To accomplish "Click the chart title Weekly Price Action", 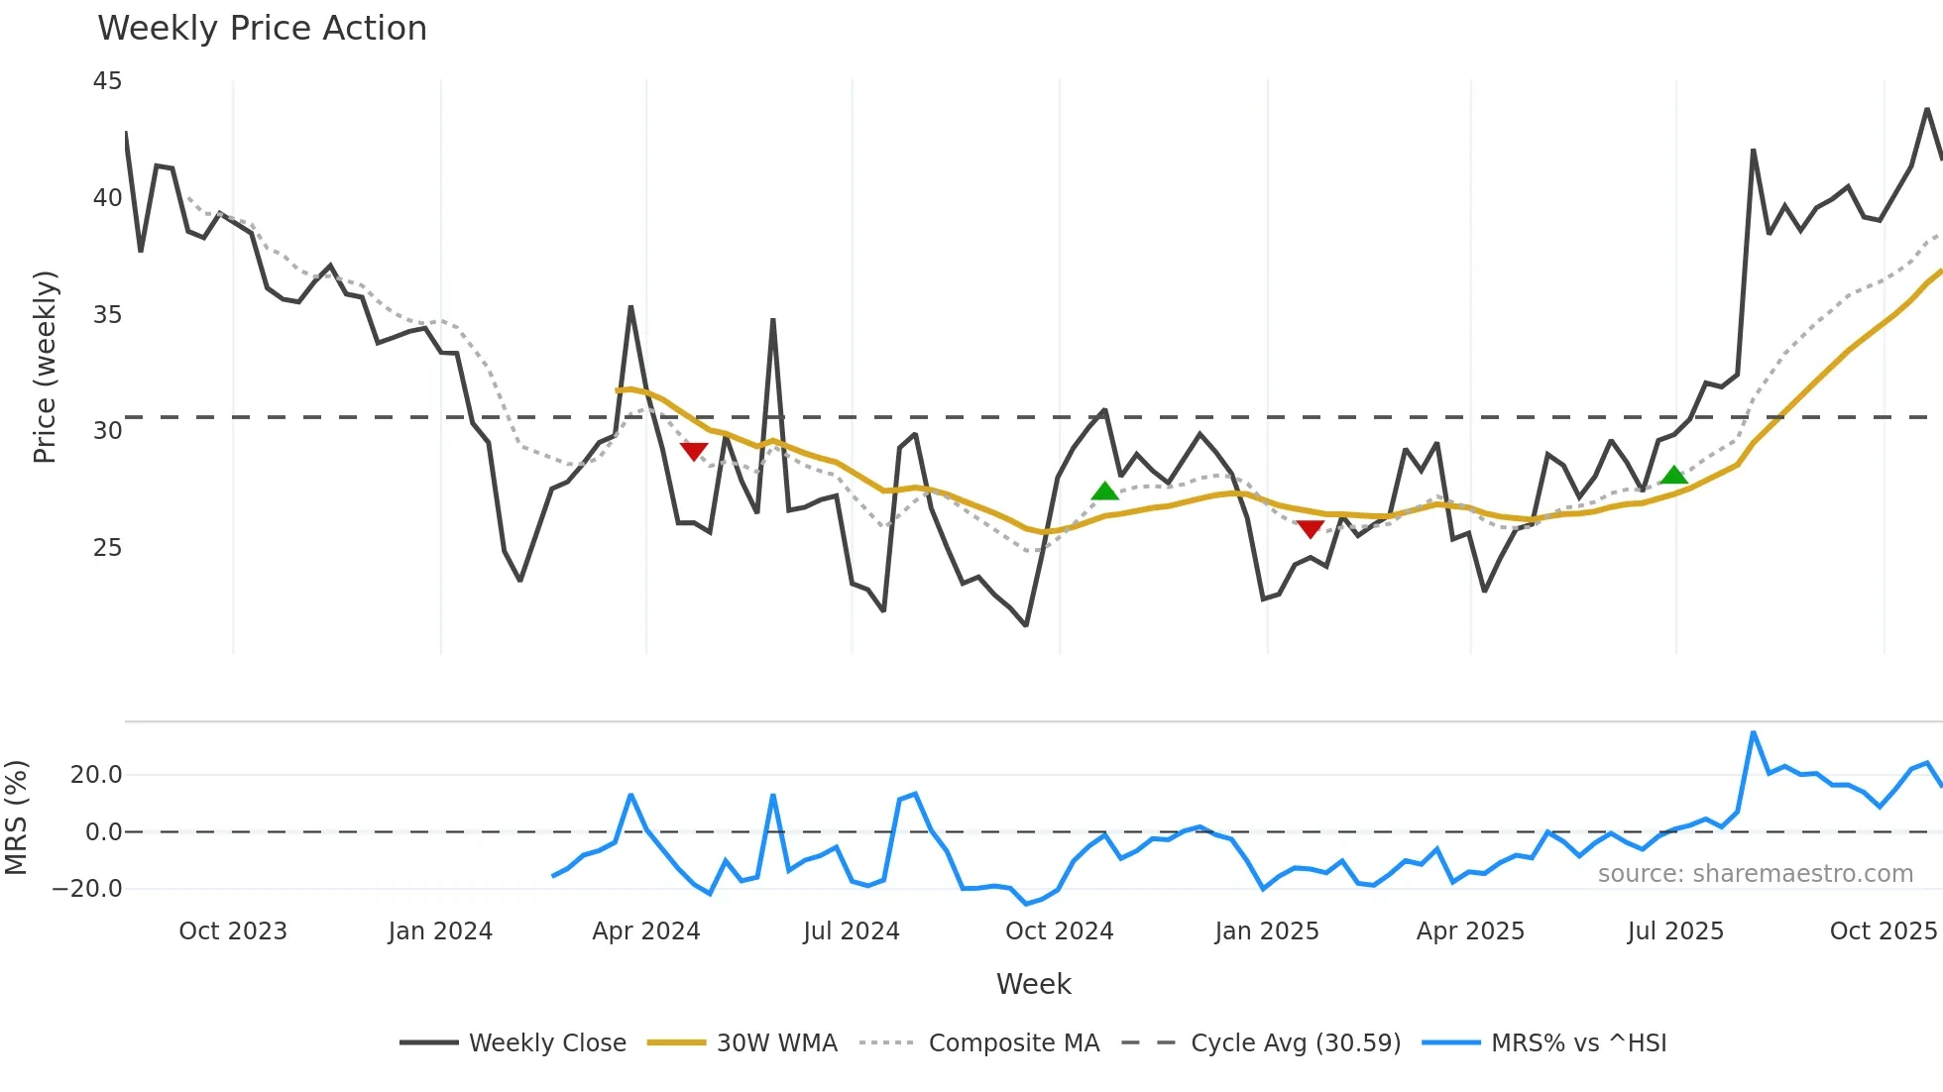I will click(262, 29).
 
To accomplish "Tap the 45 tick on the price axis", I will click(107, 81).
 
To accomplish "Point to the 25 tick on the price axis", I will click(107, 548).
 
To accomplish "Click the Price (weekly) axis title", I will click(46, 367).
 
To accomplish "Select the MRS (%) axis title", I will click(16, 818).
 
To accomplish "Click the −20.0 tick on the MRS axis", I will click(87, 889).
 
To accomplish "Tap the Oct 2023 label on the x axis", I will click(233, 931).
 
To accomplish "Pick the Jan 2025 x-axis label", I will click(1267, 931).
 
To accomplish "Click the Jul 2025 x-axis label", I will click(1675, 931).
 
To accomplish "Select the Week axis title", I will click(1033, 984).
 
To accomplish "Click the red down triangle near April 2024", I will click(694, 452).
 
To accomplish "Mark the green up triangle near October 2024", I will click(1104, 491).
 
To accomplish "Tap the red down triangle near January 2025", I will click(1311, 529).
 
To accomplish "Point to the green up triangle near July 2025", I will click(1673, 476).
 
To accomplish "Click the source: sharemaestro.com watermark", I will click(1755, 874).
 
